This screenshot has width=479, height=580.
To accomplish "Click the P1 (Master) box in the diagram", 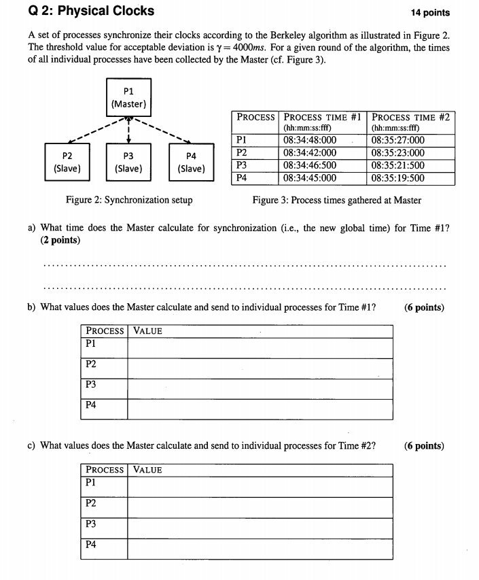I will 128,97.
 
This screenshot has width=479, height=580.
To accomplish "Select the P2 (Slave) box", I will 66,161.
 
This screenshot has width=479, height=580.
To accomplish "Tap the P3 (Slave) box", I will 128,161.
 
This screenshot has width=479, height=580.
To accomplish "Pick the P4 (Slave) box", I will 190,161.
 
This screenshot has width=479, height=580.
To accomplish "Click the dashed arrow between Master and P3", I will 128,129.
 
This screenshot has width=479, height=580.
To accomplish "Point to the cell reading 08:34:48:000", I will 309,141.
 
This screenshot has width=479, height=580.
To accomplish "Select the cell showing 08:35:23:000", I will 398,153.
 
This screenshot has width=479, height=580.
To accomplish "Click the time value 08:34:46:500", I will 309,165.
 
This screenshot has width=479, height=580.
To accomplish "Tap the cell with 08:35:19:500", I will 398,178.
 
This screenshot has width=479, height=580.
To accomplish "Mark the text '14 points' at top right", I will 431,12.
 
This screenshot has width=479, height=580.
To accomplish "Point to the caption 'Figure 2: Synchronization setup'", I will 129,200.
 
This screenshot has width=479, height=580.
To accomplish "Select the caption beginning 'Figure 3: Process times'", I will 336,200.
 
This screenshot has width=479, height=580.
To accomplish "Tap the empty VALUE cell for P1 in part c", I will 260,487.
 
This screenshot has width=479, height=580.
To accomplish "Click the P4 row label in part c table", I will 90,545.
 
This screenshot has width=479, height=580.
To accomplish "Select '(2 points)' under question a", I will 60,240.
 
